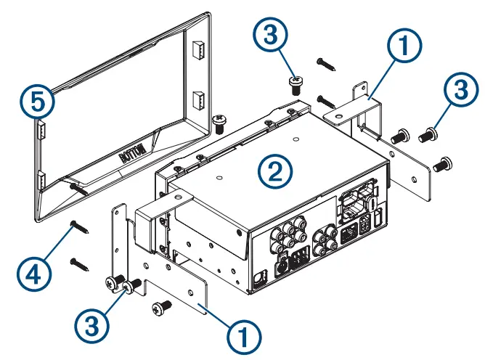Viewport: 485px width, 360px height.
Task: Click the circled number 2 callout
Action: (275, 171)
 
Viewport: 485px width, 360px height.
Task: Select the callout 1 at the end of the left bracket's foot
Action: (245, 337)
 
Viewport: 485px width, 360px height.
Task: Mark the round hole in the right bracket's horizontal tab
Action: (340, 115)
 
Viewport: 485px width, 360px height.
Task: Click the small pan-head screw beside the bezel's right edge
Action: (217, 119)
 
